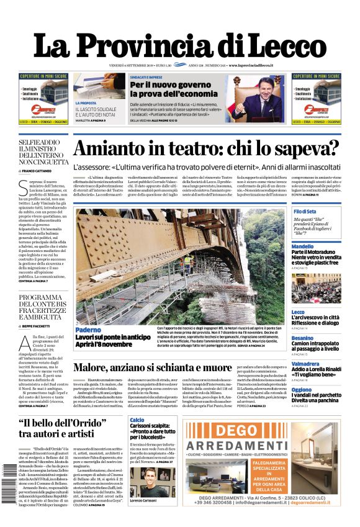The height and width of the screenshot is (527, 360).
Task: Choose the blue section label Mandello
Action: [302, 246]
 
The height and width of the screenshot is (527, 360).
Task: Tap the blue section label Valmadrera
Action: [305, 363]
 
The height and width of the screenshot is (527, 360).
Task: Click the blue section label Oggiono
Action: [302, 390]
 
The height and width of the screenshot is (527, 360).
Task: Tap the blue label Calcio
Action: [137, 420]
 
